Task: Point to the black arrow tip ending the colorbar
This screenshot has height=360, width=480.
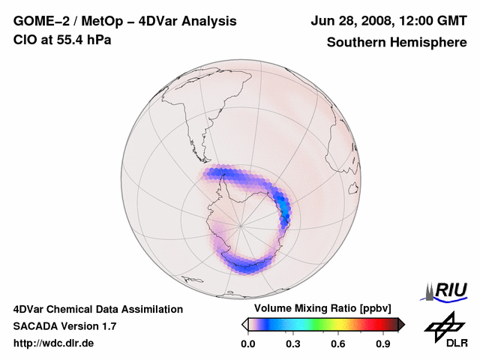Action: [401, 324]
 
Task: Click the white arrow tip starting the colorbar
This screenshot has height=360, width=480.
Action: [244, 324]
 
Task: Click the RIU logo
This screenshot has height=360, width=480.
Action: [446, 289]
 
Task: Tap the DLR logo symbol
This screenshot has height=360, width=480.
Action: [442, 325]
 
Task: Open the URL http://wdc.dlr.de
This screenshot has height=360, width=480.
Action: [54, 343]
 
